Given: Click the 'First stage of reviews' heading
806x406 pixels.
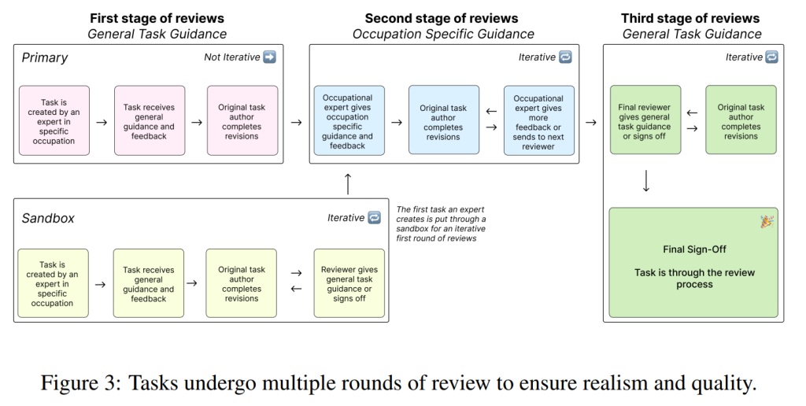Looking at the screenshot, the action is tap(157, 19).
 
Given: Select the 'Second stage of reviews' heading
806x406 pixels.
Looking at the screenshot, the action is tap(442, 19).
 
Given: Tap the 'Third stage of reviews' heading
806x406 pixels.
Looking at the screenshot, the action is tap(690, 19).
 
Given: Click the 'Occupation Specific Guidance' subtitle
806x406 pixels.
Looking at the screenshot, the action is tap(443, 35).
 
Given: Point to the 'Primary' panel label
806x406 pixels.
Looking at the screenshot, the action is tap(45, 57).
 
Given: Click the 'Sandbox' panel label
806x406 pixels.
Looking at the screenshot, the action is tap(48, 218).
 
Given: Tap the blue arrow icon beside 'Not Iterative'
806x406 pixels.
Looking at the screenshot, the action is tap(269, 57).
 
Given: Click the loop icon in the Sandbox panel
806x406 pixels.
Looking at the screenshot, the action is tap(374, 218).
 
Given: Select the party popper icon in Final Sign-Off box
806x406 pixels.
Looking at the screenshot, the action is tap(767, 222).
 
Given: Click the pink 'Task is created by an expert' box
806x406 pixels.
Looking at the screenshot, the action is tap(54, 120).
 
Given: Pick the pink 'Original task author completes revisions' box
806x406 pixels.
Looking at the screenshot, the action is tap(242, 120).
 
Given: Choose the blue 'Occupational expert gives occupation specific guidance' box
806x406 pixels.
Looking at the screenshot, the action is tap(349, 120).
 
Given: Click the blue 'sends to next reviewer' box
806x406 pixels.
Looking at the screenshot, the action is tap(538, 120).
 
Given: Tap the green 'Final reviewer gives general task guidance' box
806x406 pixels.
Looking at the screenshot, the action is tap(645, 120).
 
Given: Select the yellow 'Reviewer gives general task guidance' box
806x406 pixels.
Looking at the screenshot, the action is tap(349, 283).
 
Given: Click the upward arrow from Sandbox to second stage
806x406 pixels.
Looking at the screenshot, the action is tap(348, 184).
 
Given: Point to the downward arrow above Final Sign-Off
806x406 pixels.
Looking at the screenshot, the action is tap(646, 182).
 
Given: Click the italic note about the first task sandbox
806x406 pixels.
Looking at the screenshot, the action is tap(441, 224).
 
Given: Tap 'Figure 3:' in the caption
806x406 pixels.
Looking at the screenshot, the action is tap(81, 383).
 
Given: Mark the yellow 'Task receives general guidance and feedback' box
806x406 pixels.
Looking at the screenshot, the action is tap(149, 283).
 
